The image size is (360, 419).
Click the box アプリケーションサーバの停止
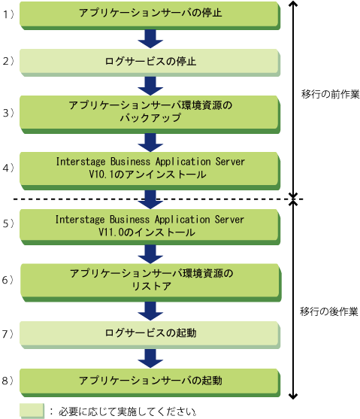(150, 16)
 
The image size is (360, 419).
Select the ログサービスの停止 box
(150, 62)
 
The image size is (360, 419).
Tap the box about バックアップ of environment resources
(150, 114)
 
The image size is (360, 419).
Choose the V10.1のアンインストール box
(150, 171)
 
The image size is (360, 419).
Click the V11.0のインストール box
(150, 227)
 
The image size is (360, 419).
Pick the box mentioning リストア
(151, 283)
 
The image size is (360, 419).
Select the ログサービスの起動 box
(150, 335)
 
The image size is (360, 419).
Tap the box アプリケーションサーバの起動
(150, 383)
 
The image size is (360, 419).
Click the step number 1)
(8, 14)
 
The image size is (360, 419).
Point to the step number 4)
(8, 168)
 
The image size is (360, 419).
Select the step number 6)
(8, 280)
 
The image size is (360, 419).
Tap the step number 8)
(8, 381)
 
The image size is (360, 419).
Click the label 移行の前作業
(331, 94)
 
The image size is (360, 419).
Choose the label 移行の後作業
(328, 311)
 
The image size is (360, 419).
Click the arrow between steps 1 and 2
(150, 39)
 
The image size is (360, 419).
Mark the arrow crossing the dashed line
(150, 199)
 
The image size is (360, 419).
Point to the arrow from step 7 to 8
(150, 358)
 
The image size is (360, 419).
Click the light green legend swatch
(32, 411)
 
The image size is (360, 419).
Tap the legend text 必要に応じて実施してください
(128, 411)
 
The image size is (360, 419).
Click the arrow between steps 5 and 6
(150, 254)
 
